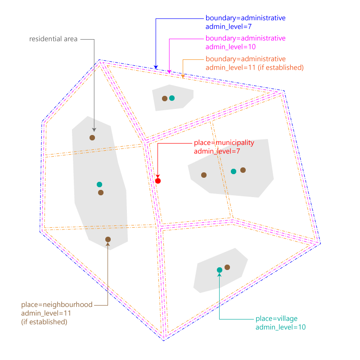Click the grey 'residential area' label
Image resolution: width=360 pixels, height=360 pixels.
tap(53, 39)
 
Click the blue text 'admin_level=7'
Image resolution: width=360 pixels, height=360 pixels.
tap(229, 27)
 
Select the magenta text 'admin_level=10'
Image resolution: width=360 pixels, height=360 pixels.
tap(230, 47)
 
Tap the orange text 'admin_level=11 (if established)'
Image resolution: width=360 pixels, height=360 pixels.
tap(255, 67)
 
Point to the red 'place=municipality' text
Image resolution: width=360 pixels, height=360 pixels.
tap(224, 143)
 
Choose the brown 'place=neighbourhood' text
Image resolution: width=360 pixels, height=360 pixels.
tap(57, 305)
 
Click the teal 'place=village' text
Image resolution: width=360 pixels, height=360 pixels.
tap(276, 319)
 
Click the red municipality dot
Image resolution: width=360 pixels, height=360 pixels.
tap(158, 181)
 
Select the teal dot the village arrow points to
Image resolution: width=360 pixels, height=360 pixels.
tap(220, 270)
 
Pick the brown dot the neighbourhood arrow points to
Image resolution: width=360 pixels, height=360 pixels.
tap(108, 239)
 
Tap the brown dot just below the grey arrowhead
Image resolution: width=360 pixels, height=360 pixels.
tap(92, 138)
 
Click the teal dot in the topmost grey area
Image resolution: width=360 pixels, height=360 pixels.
tap(172, 98)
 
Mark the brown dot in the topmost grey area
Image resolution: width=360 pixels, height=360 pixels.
tap(165, 99)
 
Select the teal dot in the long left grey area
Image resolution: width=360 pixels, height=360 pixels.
tap(99, 184)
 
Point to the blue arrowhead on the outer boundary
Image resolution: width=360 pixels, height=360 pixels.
tap(156, 67)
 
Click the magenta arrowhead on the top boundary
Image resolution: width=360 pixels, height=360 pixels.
tap(169, 72)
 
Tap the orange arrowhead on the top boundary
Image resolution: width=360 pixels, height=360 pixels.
tap(183, 76)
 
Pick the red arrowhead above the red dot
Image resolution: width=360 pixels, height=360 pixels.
tap(158, 176)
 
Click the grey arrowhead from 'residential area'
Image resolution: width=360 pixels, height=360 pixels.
tap(94, 130)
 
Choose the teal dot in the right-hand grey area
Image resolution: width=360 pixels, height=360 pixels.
tap(234, 171)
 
